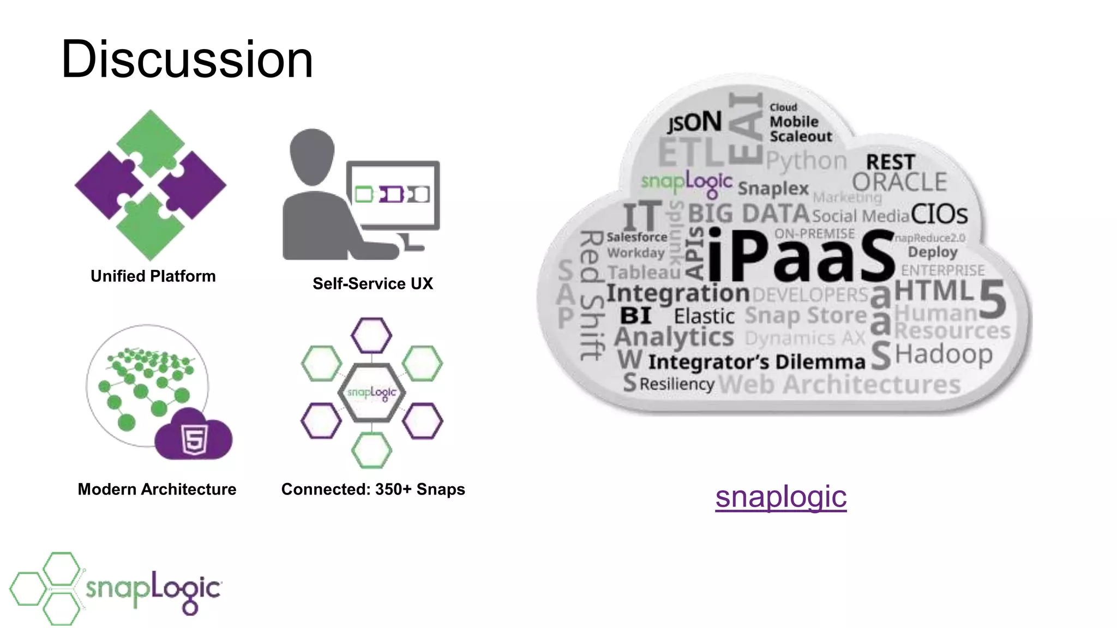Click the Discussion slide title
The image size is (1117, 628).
pos(187,59)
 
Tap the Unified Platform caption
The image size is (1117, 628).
pos(153,276)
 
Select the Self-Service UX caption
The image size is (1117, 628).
pos(373,283)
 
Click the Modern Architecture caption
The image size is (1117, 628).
pos(157,489)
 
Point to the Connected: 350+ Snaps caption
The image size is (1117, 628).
pos(373,489)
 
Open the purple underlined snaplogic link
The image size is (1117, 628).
pos(780,497)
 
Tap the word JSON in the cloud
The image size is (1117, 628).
pos(694,122)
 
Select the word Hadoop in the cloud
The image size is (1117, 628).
pos(944,355)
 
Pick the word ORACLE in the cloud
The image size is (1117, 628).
pos(899,182)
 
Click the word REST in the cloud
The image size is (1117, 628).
pos(890,162)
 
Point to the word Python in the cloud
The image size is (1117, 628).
pos(806,161)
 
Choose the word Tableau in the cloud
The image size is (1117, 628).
pos(644,272)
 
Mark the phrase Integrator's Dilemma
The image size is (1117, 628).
pos(756,362)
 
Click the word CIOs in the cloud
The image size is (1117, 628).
pos(939,214)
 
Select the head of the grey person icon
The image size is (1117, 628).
pos(312,155)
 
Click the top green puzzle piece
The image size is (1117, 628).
pos(151,141)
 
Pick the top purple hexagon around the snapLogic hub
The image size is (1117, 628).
pos(371,335)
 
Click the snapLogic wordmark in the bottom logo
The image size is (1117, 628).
pos(153,590)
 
